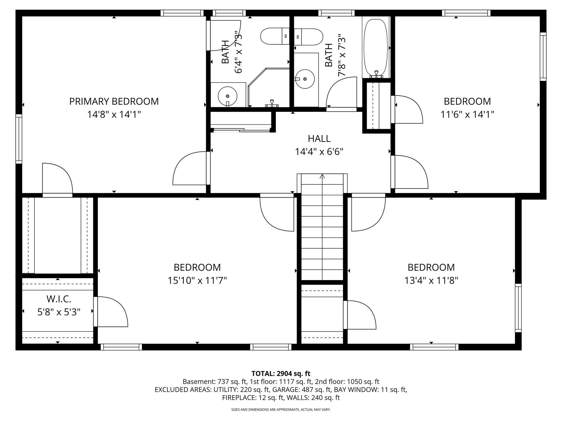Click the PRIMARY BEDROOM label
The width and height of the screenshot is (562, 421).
114,101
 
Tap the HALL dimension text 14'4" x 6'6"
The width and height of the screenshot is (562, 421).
319,152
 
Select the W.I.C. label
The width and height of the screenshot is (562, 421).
59,299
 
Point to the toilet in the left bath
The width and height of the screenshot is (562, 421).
274,36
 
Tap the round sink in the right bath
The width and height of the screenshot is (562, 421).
305,79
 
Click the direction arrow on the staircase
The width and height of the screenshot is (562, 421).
322,176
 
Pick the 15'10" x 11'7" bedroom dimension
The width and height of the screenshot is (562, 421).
197,280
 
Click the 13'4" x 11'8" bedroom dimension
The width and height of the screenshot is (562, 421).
431,280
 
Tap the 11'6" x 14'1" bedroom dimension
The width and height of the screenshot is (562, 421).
467,114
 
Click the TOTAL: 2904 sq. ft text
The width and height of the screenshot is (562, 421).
281,374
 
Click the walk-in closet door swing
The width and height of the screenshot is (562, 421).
111,312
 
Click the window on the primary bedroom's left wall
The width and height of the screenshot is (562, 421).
19,139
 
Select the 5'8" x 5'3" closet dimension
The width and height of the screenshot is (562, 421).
59,312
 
